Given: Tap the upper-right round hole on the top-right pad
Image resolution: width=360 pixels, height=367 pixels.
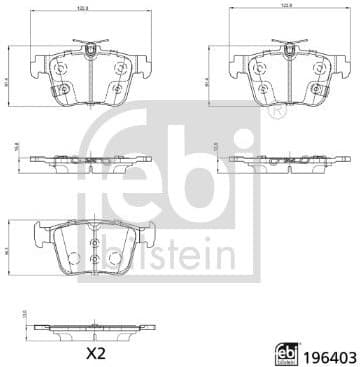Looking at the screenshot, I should (x=321, y=73).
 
